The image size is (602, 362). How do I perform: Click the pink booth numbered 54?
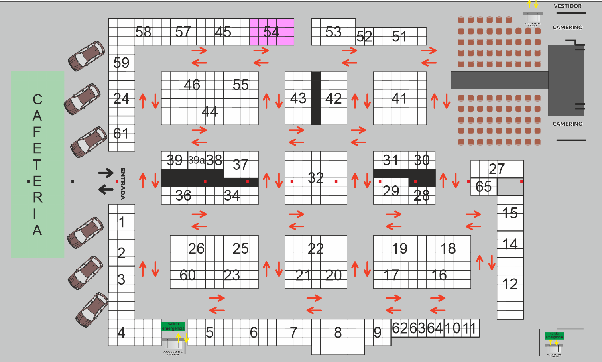pos(272,32)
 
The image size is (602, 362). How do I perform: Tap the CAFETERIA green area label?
pos(37,165)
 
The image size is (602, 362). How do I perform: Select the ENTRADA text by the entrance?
pos(123,183)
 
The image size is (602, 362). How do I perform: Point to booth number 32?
pos(316,178)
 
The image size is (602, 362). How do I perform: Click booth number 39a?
pos(196,160)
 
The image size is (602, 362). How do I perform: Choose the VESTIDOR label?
pos(567,6)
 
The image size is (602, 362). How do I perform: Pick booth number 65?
pos(483,187)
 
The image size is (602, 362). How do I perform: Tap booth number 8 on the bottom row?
pos(338,333)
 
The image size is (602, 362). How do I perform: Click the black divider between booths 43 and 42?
pos(316,98)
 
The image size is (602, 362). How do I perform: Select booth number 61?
pos(121,134)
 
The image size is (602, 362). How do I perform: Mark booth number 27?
pos(497,169)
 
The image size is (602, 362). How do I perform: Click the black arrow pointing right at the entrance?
pos(106,173)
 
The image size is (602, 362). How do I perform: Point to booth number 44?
pos(210,111)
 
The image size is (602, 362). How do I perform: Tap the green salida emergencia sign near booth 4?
pos(173,326)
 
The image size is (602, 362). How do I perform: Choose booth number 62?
pos(400,328)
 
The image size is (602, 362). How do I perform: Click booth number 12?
pos(510,285)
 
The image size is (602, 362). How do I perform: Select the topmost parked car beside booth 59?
pos(86,56)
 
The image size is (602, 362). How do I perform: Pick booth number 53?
pos(334,32)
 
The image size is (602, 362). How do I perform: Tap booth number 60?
pos(187,275)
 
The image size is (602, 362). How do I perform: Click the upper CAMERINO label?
pos(567,27)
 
